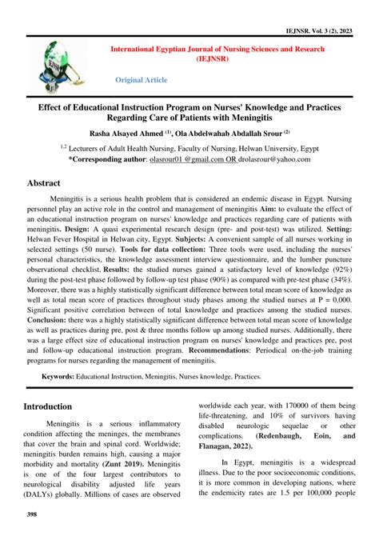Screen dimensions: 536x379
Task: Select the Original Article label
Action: pos(142,80)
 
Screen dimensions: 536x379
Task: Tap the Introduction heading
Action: pos(60,406)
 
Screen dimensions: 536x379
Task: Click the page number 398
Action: pos(33,514)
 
